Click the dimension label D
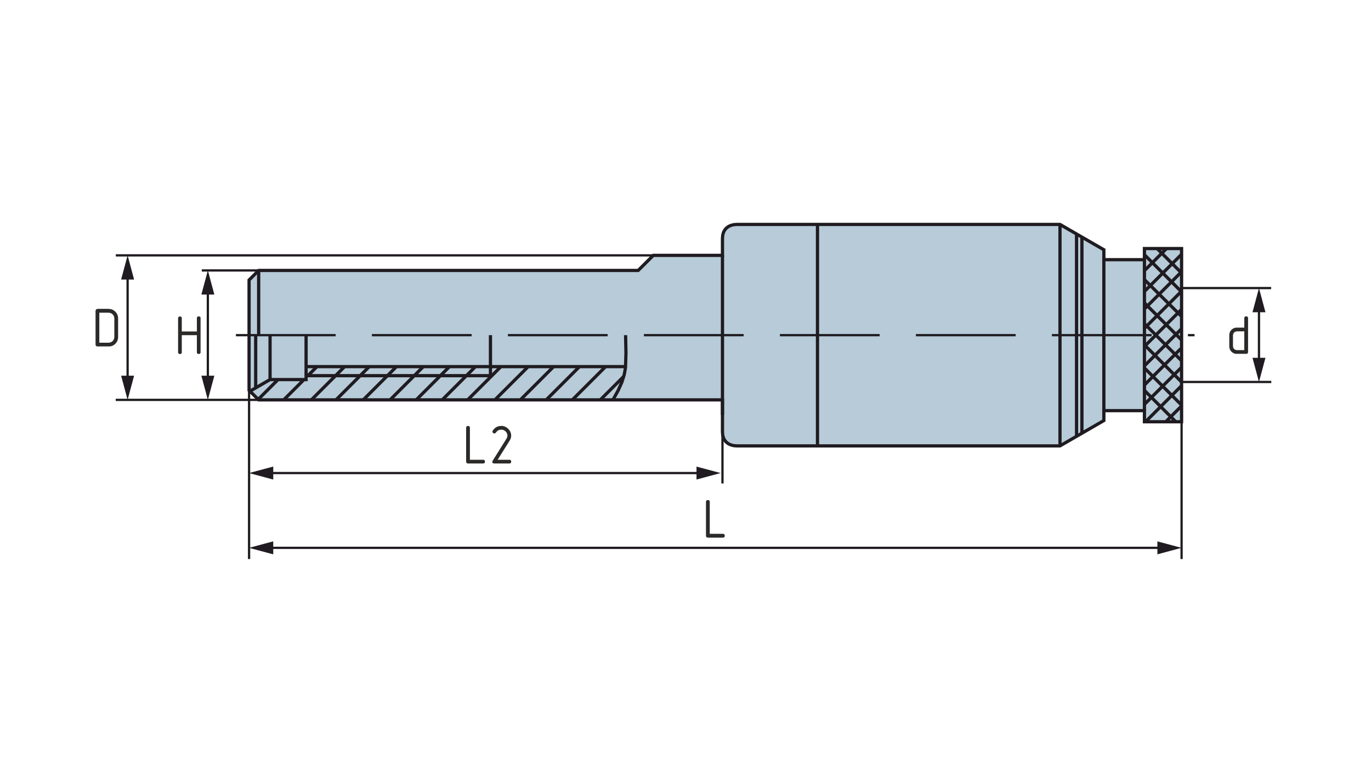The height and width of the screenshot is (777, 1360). tap(106, 327)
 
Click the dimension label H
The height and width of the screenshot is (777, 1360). tap(189, 335)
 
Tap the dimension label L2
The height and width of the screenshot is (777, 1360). tap(488, 445)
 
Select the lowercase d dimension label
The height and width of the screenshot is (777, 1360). tap(1238, 336)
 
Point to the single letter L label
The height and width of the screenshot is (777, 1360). tap(715, 519)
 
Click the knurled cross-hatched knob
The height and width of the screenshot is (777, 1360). tap(1163, 335)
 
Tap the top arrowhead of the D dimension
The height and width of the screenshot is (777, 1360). tap(128, 268)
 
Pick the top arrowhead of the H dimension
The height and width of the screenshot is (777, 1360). tap(207, 282)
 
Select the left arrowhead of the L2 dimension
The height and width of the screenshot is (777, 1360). tap(262, 473)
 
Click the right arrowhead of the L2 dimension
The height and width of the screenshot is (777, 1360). tap(708, 473)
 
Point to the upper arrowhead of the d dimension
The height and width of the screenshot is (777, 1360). tap(1259, 300)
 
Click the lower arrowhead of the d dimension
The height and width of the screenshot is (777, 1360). tap(1259, 370)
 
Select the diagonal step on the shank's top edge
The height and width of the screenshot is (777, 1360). tap(646, 263)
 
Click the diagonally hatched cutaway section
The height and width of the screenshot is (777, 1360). tap(466, 387)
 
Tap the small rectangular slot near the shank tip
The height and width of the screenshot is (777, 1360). tap(288, 356)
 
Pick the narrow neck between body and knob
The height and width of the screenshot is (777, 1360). tap(1124, 335)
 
